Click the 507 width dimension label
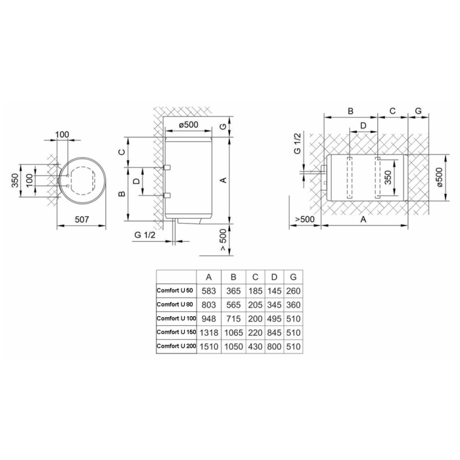[82, 219]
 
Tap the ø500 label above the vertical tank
[189, 125]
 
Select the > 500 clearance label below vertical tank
[223, 240]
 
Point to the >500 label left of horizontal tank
[305, 219]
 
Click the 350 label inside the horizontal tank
[388, 177]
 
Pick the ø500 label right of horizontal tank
[439, 177]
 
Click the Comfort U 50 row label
[175, 290]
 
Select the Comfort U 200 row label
[176, 346]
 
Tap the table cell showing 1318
[209, 333]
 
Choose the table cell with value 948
[209, 319]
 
